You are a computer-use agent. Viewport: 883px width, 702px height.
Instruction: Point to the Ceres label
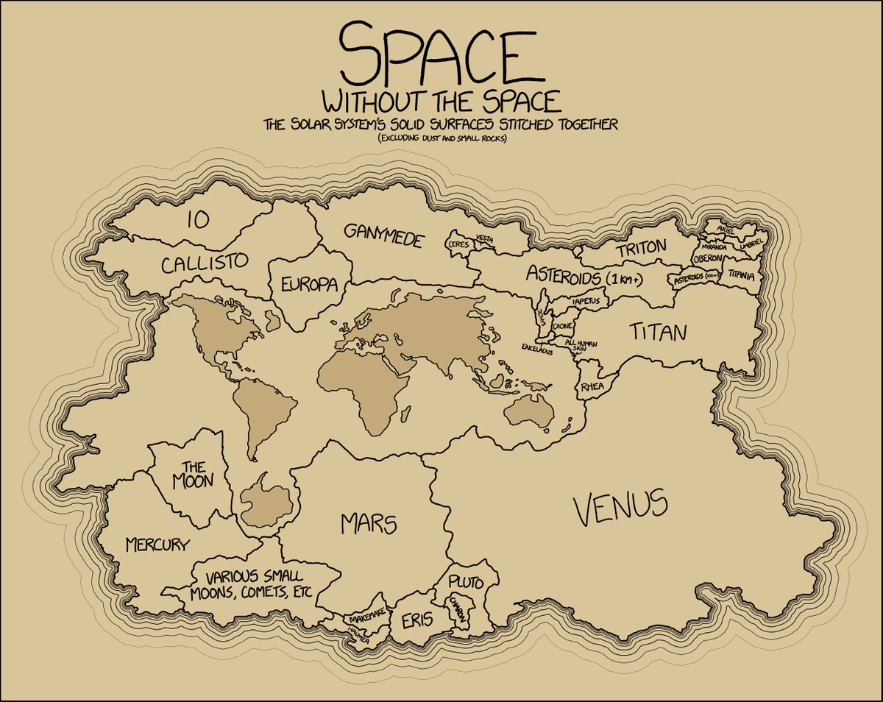(458, 244)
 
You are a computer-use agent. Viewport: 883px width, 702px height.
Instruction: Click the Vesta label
(484, 238)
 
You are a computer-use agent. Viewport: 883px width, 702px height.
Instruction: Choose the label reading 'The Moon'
(193, 475)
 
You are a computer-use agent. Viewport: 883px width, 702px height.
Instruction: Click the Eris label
(416, 622)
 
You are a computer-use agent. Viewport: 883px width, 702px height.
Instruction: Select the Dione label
(562, 325)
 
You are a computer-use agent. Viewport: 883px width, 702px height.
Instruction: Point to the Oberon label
(708, 258)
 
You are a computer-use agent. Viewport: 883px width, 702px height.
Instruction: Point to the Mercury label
(157, 545)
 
